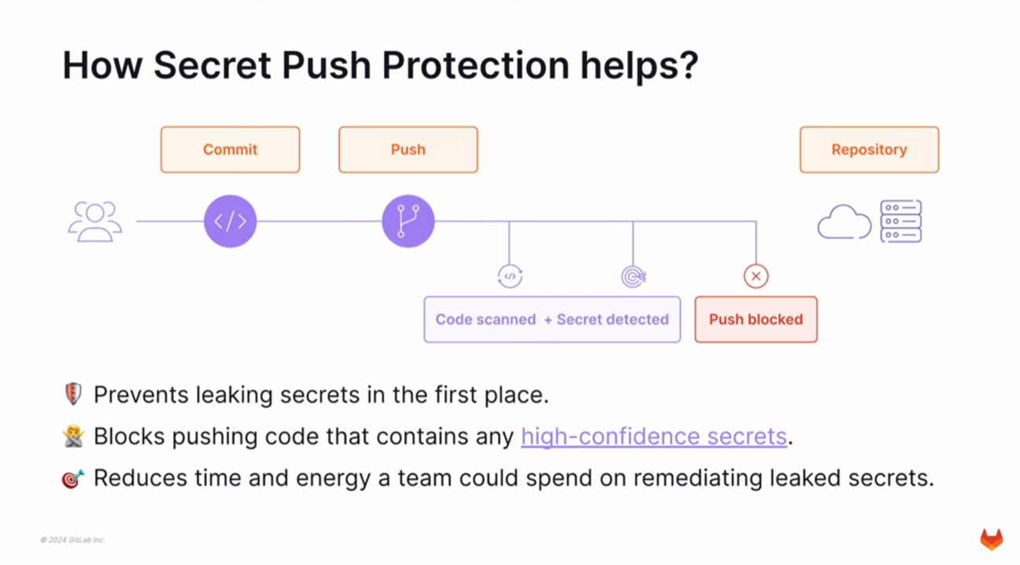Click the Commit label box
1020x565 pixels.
[230, 149]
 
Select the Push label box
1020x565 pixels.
[408, 149]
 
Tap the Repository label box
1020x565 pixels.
[868, 149]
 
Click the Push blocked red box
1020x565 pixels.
[755, 319]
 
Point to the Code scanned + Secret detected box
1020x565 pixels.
[552, 319]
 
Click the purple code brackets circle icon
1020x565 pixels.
[230, 221]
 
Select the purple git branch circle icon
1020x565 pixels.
[408, 221]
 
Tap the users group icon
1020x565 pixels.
[95, 221]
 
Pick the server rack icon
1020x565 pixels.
[901, 221]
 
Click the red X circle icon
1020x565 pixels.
[755, 276]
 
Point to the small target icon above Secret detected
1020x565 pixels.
[633, 276]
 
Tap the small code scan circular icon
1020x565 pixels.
[510, 276]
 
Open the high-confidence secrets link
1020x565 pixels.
[653, 436]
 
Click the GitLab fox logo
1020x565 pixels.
[991, 539]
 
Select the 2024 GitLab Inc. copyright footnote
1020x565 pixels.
[73, 540]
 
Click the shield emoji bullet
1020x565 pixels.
[73, 394]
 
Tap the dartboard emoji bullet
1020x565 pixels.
[73, 478]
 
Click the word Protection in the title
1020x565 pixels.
[476, 65]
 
